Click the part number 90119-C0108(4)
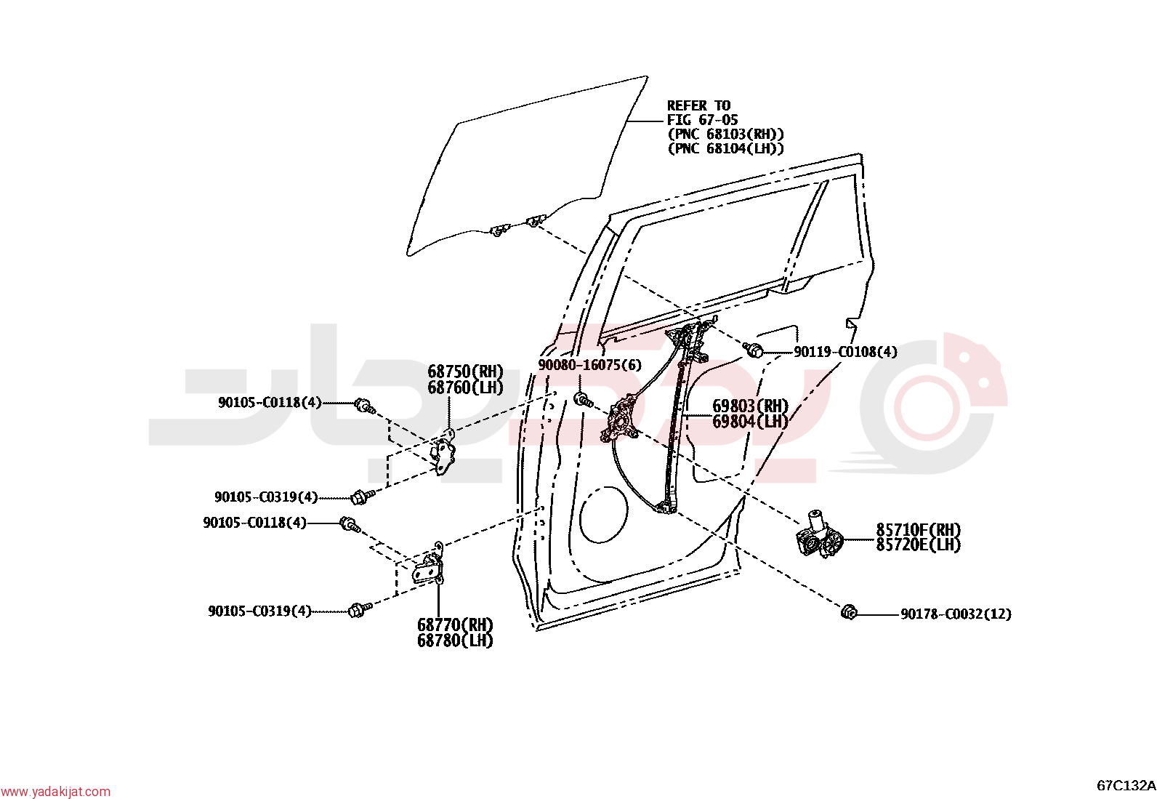(x=845, y=352)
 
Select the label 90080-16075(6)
(x=589, y=366)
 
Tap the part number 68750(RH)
(x=465, y=372)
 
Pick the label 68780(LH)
(x=455, y=641)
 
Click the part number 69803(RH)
(x=751, y=406)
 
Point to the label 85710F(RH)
(x=919, y=530)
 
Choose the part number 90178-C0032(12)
(x=956, y=614)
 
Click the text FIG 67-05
(x=703, y=120)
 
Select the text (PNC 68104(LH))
(x=726, y=149)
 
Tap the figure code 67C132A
(x=1126, y=786)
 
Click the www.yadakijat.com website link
(x=55, y=792)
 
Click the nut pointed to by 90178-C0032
(x=849, y=613)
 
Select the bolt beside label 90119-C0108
(x=754, y=350)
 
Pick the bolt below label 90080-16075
(x=584, y=399)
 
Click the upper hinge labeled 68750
(x=443, y=452)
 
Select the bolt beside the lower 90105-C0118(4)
(x=350, y=524)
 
